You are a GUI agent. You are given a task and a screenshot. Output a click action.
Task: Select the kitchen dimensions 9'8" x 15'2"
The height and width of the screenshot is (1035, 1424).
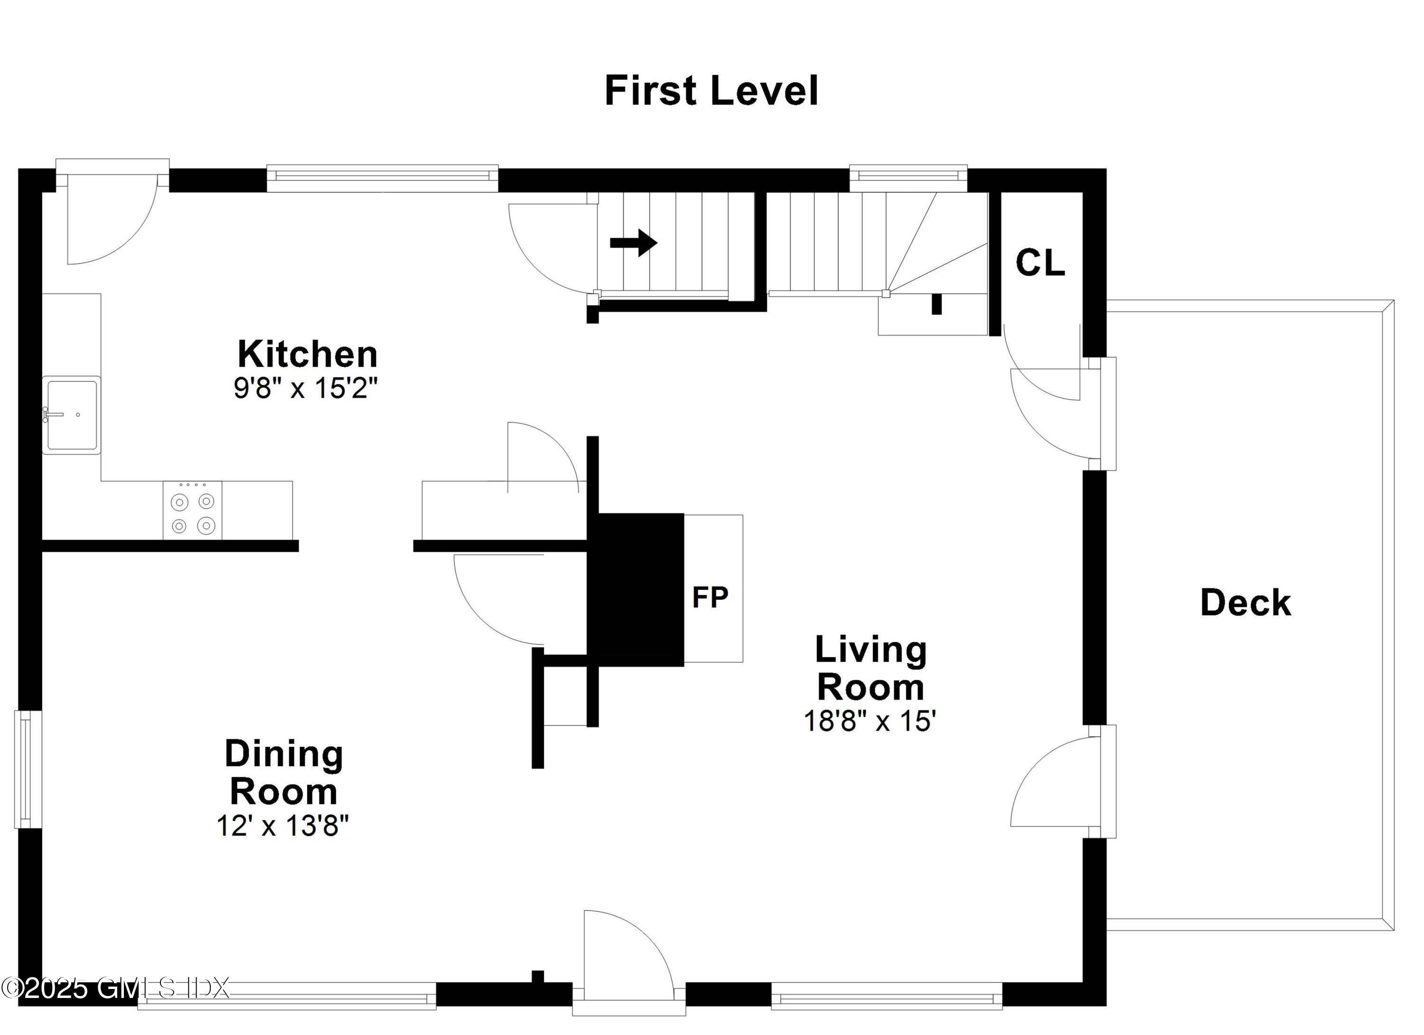click(305, 389)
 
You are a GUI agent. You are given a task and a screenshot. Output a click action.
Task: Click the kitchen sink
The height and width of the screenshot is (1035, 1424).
click(72, 415)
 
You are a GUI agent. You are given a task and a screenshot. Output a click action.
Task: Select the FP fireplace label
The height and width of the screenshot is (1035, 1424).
click(710, 597)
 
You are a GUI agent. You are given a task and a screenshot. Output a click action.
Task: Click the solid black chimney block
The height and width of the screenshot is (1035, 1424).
click(636, 589)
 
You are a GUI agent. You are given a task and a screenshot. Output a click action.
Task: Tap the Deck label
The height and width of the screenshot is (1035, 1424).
click(1246, 603)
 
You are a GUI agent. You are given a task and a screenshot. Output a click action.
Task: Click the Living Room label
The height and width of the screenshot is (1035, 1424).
click(870, 669)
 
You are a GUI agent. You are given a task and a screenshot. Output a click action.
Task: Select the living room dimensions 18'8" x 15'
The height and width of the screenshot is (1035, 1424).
click(870, 721)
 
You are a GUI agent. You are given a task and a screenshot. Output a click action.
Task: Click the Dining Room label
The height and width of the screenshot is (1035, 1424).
click(284, 773)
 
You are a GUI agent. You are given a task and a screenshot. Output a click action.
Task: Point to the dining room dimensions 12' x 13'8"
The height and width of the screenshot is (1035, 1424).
click(282, 826)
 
